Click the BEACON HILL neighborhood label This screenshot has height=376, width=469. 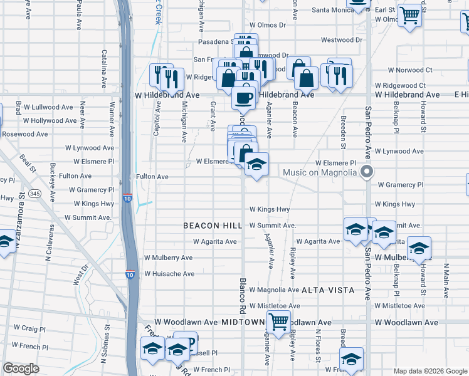[x=213, y=226]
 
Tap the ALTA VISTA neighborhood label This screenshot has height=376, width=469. [x=328, y=291]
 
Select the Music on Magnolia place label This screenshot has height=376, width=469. [x=320, y=172]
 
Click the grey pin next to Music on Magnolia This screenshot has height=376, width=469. [x=368, y=172]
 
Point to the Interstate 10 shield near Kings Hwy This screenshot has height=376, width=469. [x=127, y=199]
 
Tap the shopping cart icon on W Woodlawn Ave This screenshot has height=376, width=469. [x=278, y=322]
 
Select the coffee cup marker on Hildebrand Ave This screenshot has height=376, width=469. [x=243, y=97]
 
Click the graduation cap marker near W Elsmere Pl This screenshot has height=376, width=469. [x=256, y=165]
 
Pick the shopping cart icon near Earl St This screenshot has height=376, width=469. [x=409, y=15]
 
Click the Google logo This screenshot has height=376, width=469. [x=21, y=368]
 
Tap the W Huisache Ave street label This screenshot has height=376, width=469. [x=169, y=274]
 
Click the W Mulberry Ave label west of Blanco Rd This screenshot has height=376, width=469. [x=168, y=258]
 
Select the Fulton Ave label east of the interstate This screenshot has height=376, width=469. [x=152, y=177]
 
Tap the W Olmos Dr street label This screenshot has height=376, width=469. [x=267, y=25]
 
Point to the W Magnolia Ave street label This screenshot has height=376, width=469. [x=274, y=290]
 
